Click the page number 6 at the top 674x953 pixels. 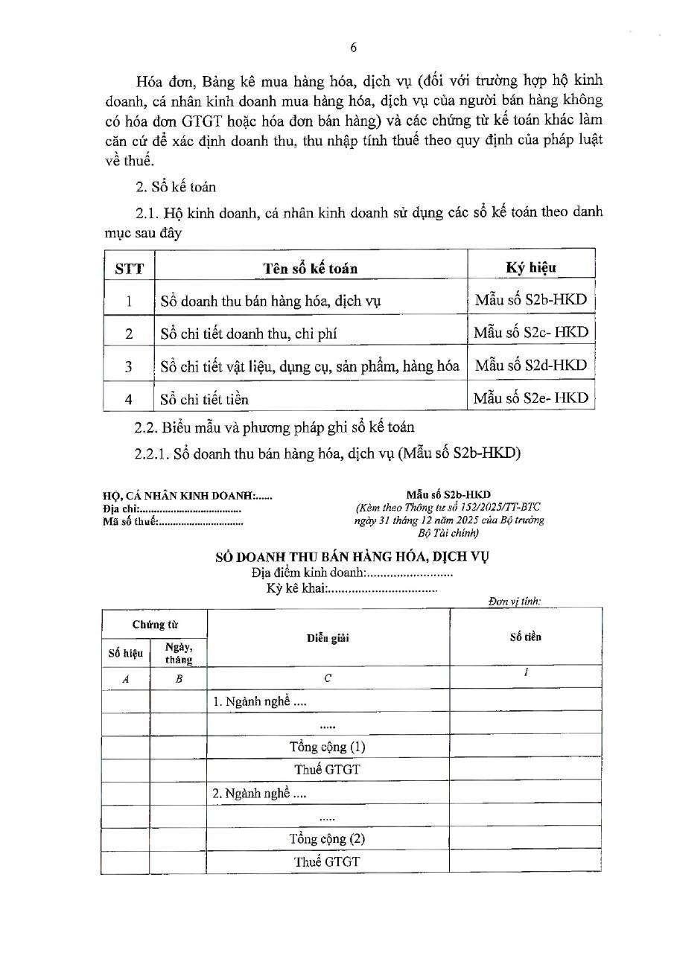353,48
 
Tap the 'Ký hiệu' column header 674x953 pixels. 530,267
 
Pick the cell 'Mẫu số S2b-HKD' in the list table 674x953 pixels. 530,300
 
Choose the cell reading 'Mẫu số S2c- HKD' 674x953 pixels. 530,332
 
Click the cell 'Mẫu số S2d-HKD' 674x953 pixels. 530,365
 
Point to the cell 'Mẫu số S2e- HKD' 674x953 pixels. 530,398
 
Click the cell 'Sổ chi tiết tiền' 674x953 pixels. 205,399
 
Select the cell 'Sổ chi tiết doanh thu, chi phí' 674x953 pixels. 249,334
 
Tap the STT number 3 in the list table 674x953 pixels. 129,366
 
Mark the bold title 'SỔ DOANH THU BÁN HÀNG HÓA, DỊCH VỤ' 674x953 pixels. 352,556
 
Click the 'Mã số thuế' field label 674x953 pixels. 129,522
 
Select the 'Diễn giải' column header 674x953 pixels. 328,638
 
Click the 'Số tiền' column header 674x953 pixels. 525,637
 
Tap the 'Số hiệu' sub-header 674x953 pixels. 125,653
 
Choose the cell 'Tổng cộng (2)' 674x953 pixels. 327,839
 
